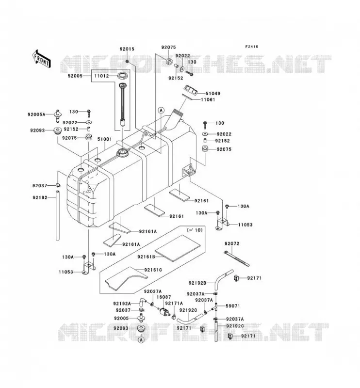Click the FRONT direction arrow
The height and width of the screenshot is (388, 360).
point(41,59)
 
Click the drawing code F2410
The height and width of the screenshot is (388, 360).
point(252,47)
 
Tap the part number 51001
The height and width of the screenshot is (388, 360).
point(104,139)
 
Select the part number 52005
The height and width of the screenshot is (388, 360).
point(75,76)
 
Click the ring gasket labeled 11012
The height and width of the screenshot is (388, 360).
point(123,75)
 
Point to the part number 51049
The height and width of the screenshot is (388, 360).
point(213,94)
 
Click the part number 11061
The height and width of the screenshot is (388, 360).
point(208,100)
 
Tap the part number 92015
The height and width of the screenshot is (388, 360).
point(127,49)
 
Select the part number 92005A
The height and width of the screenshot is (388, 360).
point(36,114)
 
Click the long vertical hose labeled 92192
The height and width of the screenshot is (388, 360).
point(57,215)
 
